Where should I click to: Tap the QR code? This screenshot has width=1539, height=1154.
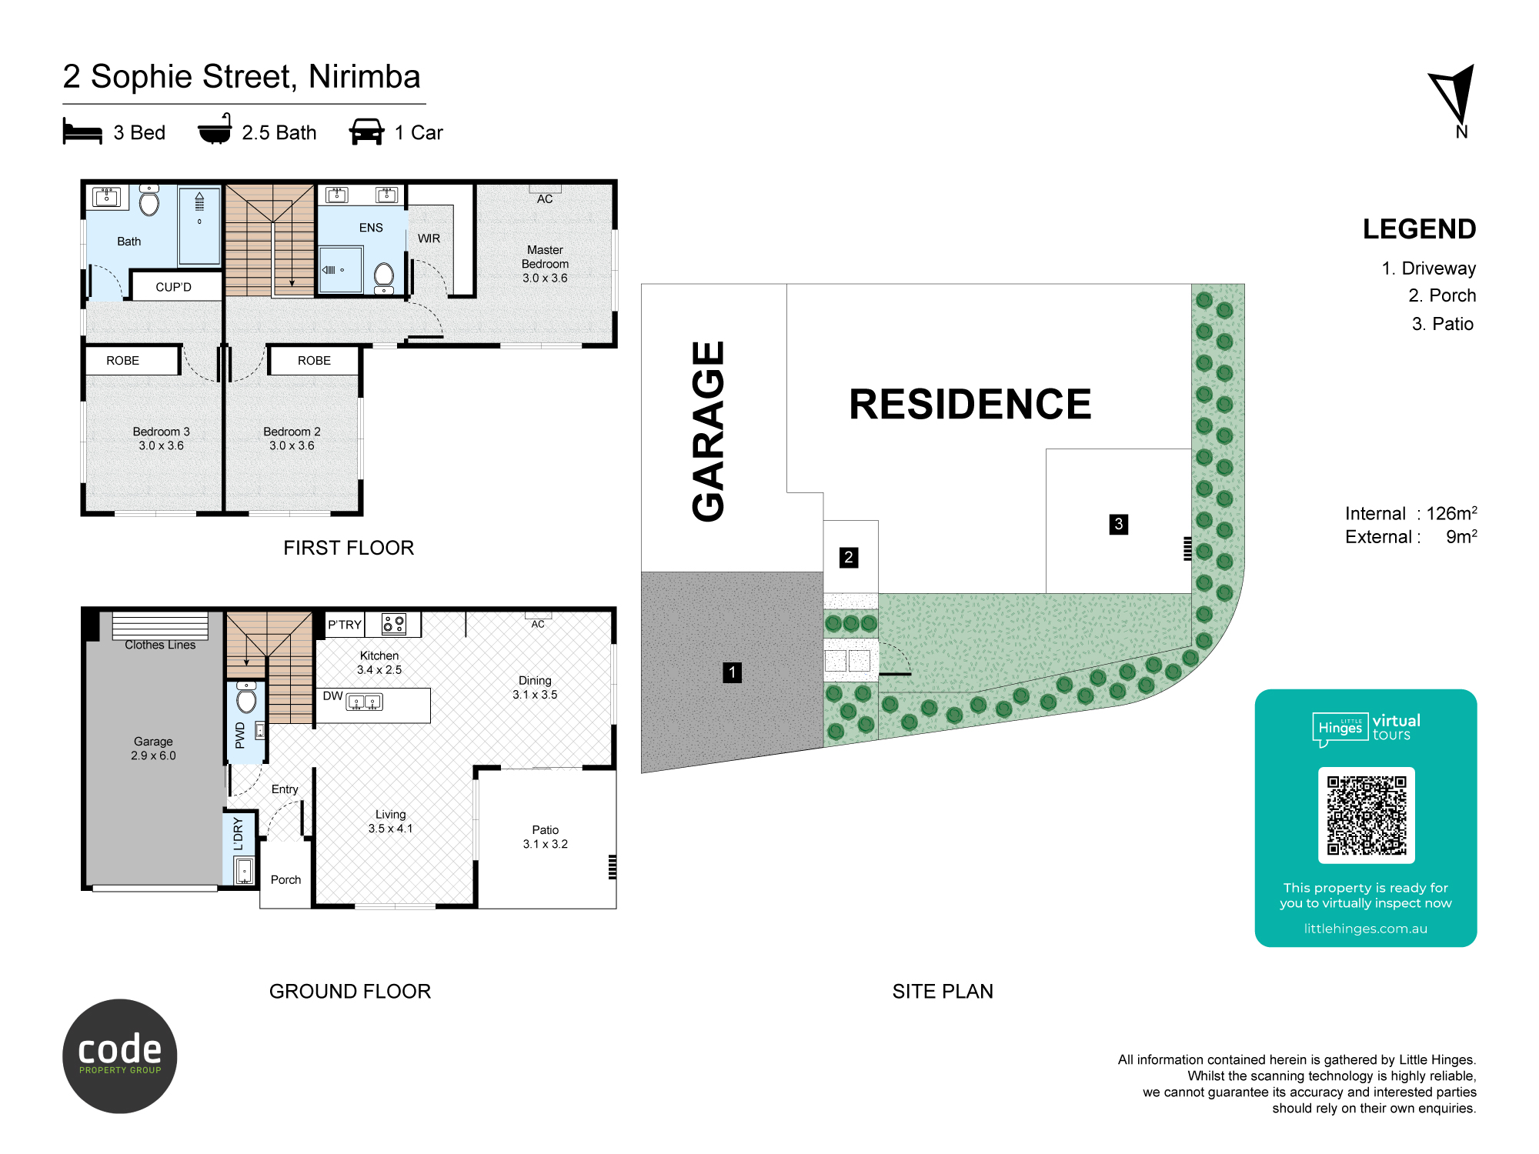[1366, 815]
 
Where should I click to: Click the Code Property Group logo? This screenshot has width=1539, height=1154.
[120, 1056]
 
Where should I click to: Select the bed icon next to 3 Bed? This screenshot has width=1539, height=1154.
[82, 132]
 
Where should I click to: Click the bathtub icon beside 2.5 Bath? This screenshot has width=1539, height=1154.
[215, 130]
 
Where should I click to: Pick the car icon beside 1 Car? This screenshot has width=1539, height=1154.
[366, 132]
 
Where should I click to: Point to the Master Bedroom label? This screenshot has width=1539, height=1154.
[545, 257]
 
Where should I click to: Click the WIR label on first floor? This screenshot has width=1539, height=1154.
[429, 238]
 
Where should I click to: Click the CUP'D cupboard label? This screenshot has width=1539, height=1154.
[173, 287]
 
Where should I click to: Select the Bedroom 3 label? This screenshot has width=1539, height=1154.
[161, 432]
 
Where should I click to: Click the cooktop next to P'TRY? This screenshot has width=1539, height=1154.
[394, 624]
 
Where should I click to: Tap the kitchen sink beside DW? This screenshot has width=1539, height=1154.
[364, 702]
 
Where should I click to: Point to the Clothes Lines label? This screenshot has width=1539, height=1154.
[160, 645]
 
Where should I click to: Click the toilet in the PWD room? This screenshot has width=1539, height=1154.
[246, 698]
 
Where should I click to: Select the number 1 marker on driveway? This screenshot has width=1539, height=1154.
[733, 672]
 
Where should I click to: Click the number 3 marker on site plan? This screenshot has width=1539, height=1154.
[1119, 525]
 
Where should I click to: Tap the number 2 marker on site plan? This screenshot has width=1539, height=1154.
[849, 558]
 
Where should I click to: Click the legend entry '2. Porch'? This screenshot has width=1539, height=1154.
[1442, 295]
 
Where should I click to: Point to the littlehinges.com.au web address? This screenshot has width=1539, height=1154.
[1366, 929]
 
